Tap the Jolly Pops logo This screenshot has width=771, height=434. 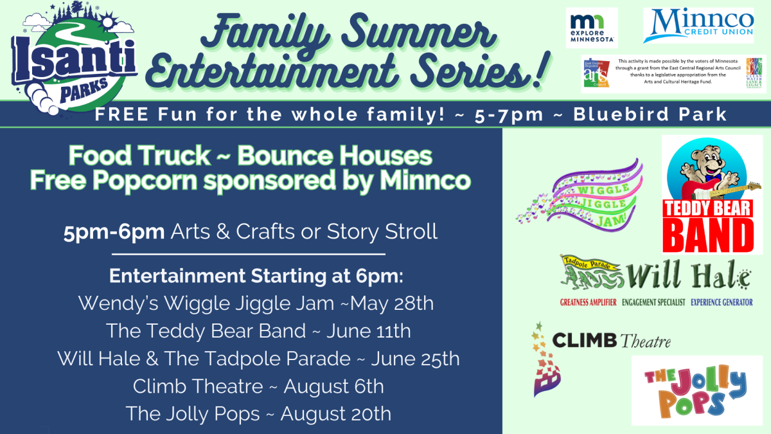[696, 390]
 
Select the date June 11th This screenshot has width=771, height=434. [368, 331]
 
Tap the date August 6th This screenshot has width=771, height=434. [333, 386]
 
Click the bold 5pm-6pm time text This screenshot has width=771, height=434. [114, 231]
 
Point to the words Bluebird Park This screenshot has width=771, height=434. [650, 115]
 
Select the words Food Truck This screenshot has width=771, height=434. [139, 156]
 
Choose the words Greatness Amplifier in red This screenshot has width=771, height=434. [588, 302]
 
